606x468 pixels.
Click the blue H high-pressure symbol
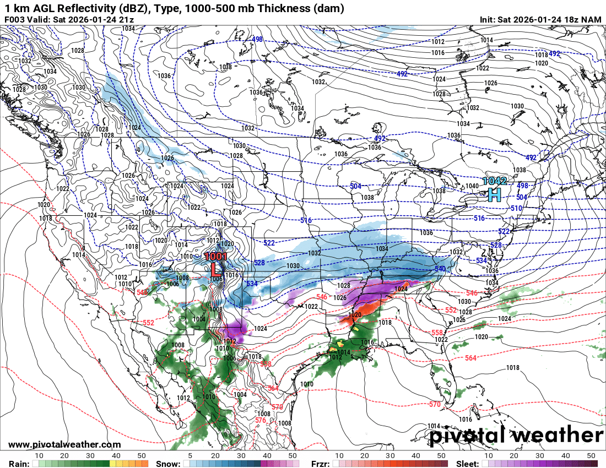(x=495, y=194)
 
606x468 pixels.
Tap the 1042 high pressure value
(x=494, y=181)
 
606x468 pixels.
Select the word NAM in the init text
(x=591, y=19)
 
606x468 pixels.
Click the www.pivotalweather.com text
(x=64, y=444)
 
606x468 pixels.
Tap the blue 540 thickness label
(x=440, y=269)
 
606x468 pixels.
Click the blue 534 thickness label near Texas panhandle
(x=252, y=284)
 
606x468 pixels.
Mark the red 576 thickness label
(x=261, y=420)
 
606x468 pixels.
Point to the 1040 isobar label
(x=472, y=186)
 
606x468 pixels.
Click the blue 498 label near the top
(x=257, y=39)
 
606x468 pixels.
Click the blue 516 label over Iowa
(x=306, y=220)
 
